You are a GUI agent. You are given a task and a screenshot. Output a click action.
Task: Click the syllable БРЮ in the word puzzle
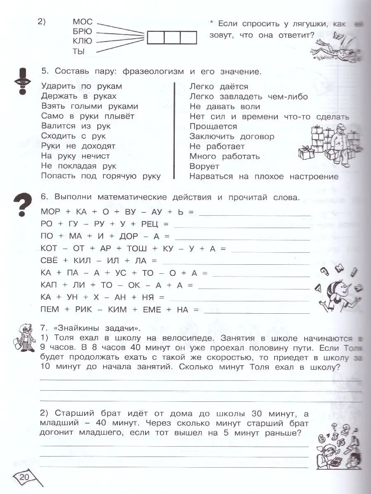coord(82,31)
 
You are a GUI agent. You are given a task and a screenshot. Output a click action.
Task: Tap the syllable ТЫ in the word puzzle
coord(78,51)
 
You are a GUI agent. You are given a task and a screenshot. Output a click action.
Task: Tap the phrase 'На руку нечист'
coord(75,156)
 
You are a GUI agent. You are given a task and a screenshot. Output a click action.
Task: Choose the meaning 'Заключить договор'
coord(232,136)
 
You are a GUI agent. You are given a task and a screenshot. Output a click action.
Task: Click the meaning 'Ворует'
coord(204,167)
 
